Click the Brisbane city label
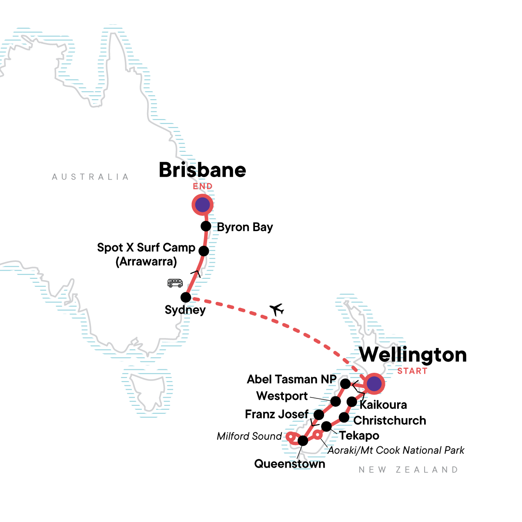202,170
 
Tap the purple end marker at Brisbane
202,204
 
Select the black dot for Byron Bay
206,226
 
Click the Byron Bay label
245,227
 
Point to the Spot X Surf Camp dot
204,251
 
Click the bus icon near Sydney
175,283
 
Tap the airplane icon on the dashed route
277,309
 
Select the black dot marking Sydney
186,298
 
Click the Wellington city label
413,355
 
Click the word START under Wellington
412,371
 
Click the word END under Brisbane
203,187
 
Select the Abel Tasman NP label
291,379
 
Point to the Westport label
282,396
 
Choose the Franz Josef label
277,414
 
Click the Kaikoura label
383,405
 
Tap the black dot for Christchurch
344,418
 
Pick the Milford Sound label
249,436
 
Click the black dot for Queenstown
303,441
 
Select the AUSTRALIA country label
90,177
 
